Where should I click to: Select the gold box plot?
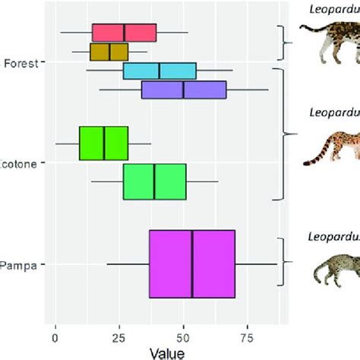click(x=109, y=52)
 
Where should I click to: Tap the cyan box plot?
click(x=159, y=71)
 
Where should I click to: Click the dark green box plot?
click(x=103, y=144)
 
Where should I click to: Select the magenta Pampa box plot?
click(x=192, y=264)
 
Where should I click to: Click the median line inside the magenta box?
click(x=192, y=264)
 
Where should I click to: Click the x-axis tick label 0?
click(x=55, y=334)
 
